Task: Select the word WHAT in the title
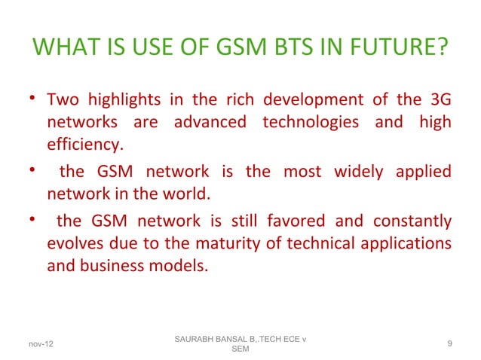click(x=63, y=50)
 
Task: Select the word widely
click(x=356, y=172)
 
